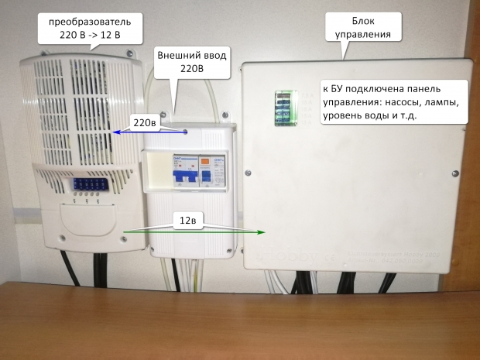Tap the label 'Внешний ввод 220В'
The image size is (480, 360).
coord(190,62)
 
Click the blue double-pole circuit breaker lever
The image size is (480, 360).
coord(184,177)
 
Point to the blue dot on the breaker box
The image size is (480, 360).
coord(186,132)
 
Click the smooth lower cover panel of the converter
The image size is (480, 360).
coord(87,228)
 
